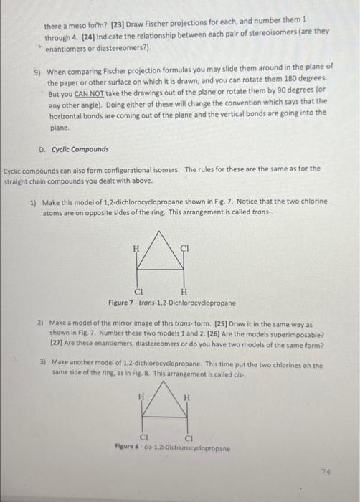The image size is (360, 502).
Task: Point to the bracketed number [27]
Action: pos(60,344)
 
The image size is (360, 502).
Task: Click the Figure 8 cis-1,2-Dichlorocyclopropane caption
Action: pos(172,447)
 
